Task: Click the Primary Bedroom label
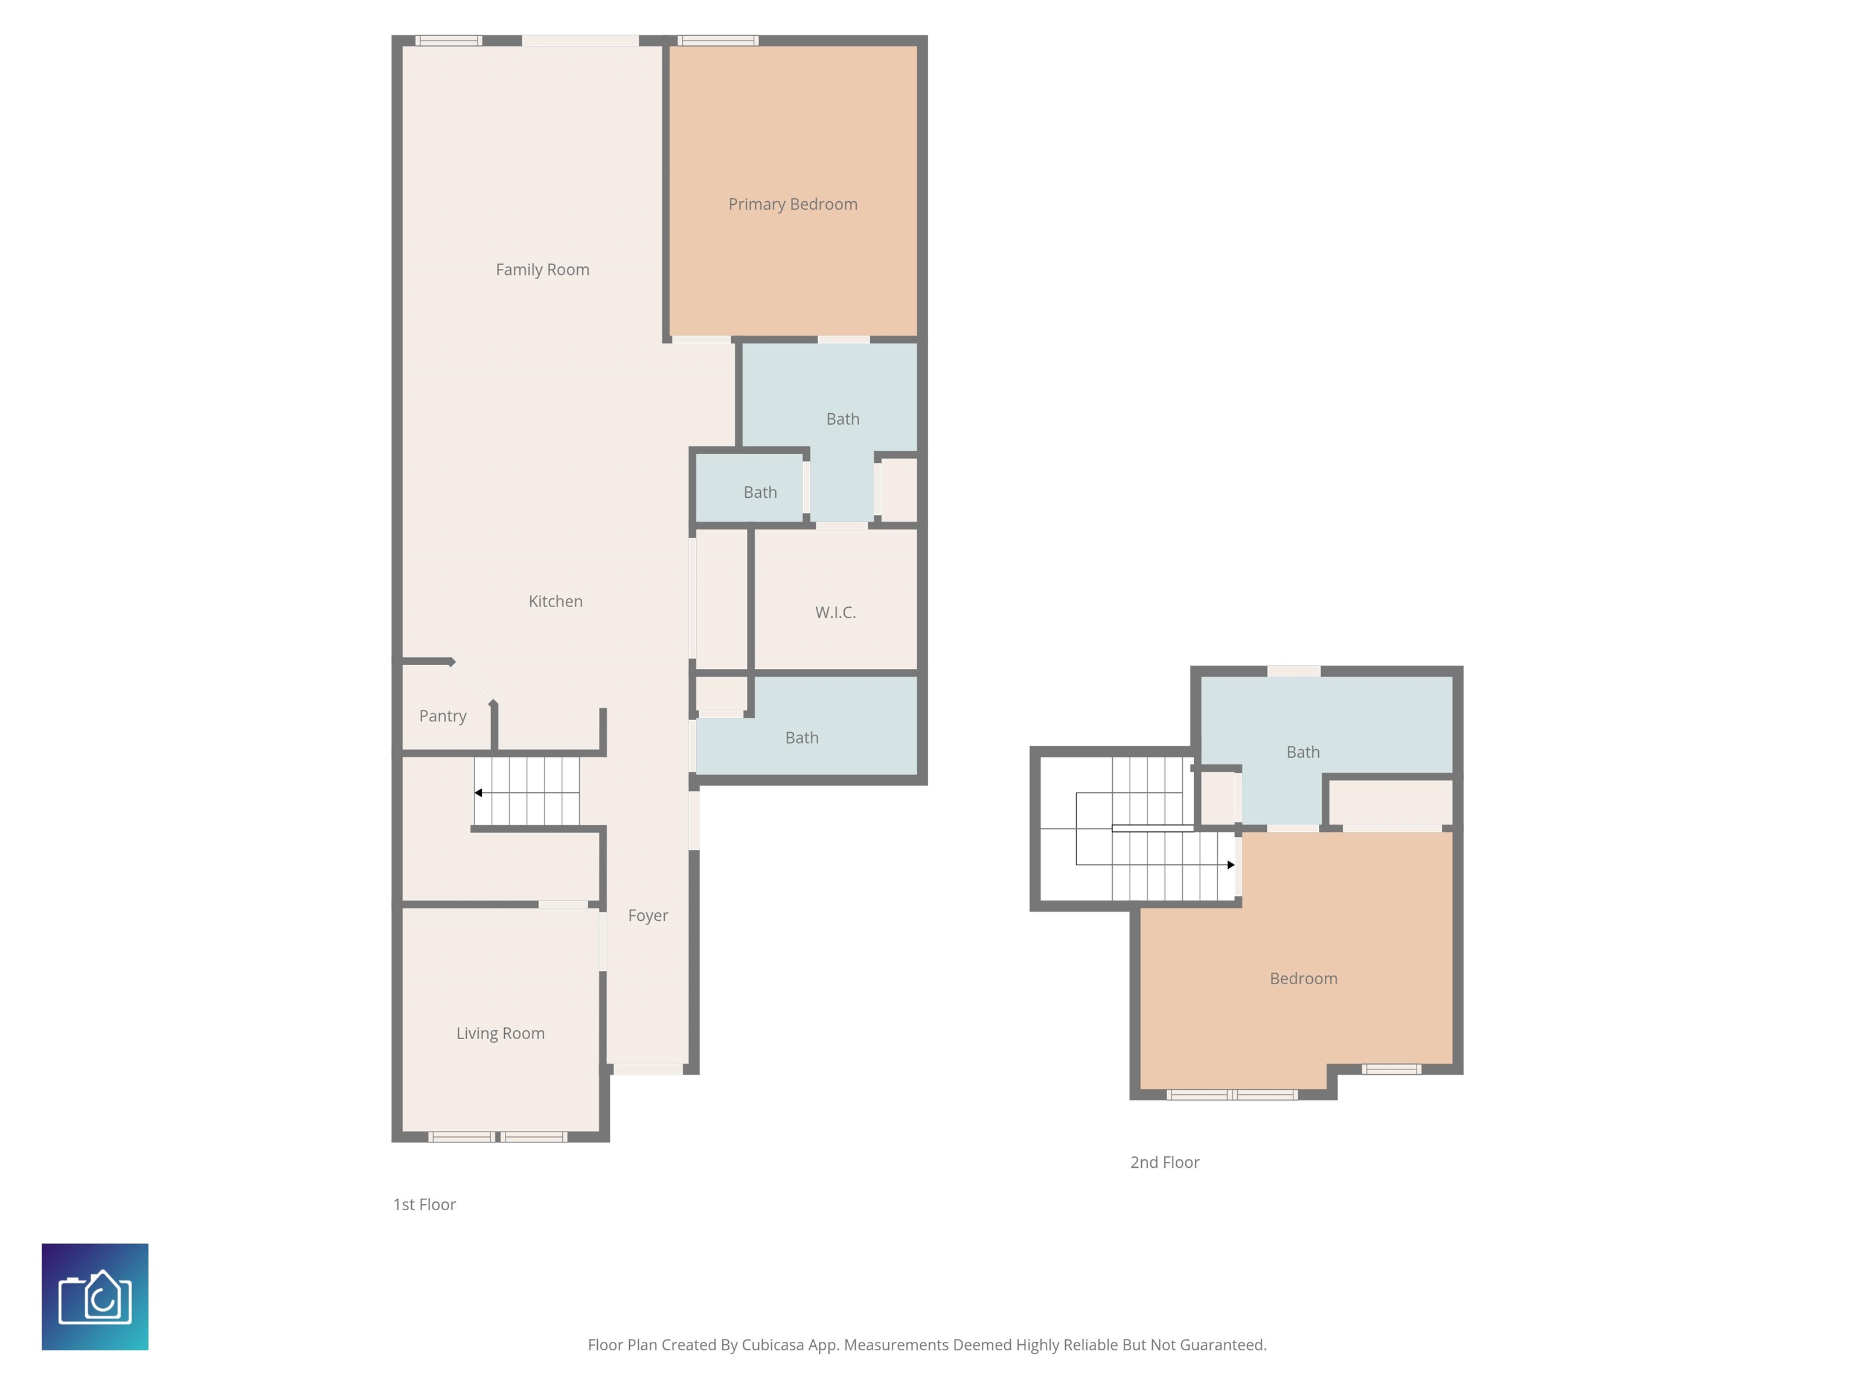point(792,204)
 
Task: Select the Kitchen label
point(555,601)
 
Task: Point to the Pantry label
point(442,716)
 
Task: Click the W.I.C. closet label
point(835,613)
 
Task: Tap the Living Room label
point(500,1033)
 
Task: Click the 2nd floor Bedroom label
point(1302,978)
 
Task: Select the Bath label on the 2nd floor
point(1302,752)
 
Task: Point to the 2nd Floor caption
point(1164,1162)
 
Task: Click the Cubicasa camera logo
point(95,1297)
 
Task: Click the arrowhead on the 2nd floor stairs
point(1230,864)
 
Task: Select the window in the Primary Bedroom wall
point(718,40)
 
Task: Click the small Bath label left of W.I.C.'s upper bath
point(760,492)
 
